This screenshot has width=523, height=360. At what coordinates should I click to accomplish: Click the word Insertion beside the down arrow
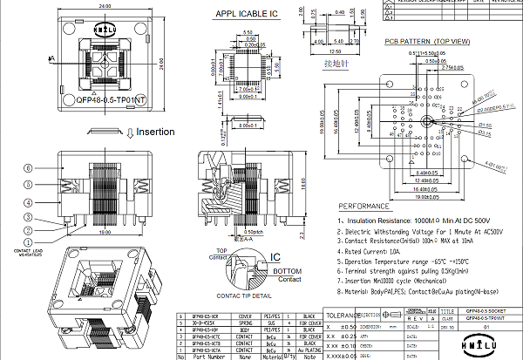[155, 132]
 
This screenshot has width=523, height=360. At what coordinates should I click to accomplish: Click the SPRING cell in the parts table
[246, 321]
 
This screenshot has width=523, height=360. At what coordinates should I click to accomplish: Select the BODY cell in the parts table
[246, 328]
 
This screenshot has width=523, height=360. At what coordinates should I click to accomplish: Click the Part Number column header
[209, 356]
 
